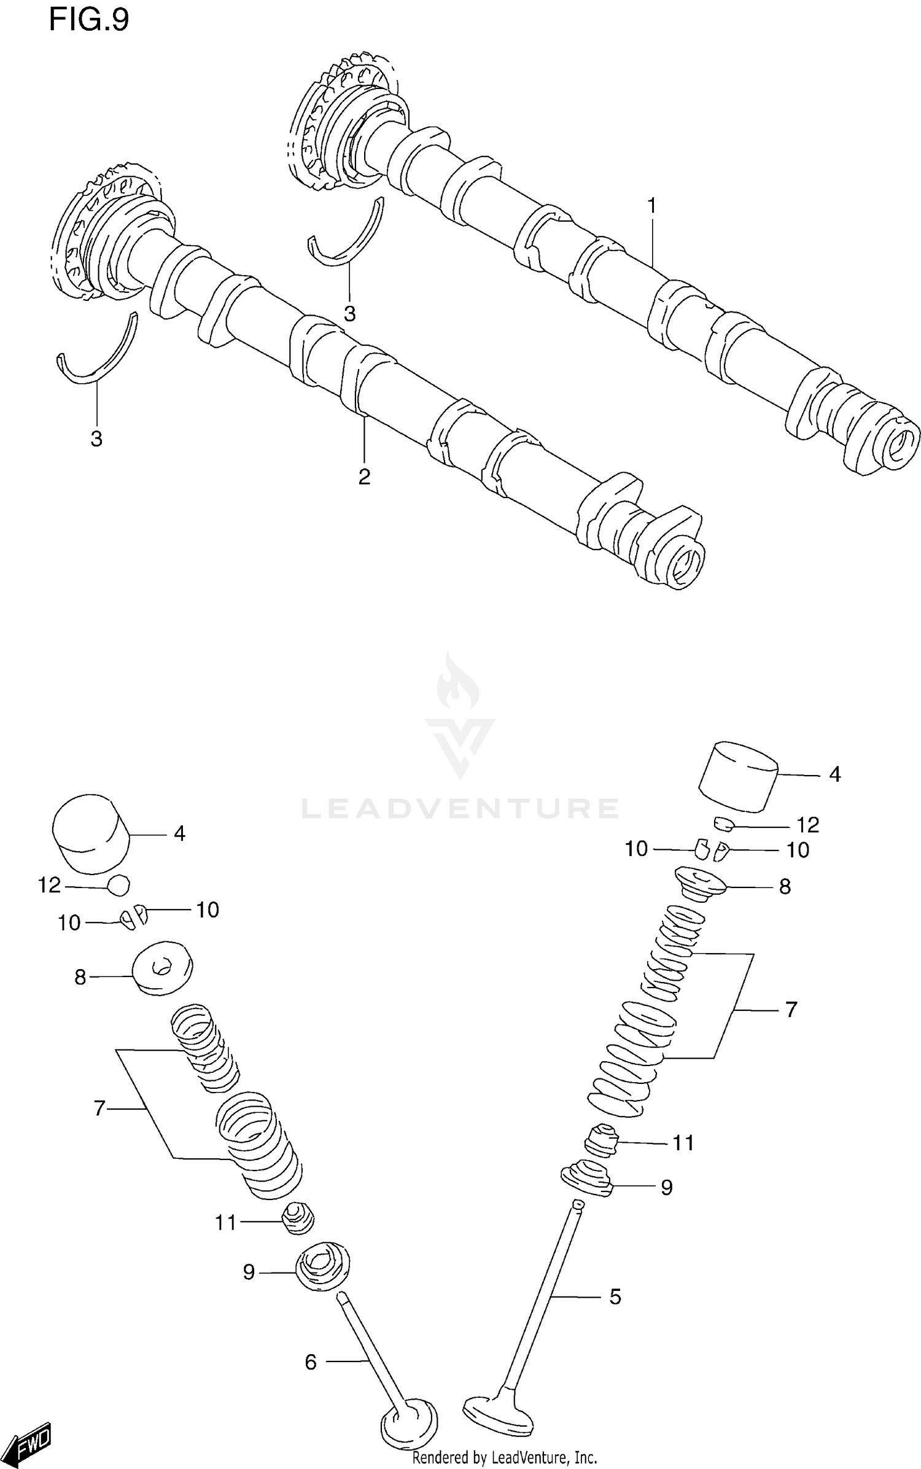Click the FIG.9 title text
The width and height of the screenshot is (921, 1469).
tap(89, 20)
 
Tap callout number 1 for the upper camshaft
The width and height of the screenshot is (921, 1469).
tap(652, 205)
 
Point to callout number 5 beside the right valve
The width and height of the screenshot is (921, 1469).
tap(615, 1296)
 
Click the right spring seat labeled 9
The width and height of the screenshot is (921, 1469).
tap(588, 1178)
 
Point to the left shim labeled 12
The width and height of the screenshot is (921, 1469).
tap(119, 885)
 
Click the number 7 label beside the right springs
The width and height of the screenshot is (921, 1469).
tap(791, 1009)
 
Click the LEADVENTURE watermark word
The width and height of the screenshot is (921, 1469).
tap(460, 809)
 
